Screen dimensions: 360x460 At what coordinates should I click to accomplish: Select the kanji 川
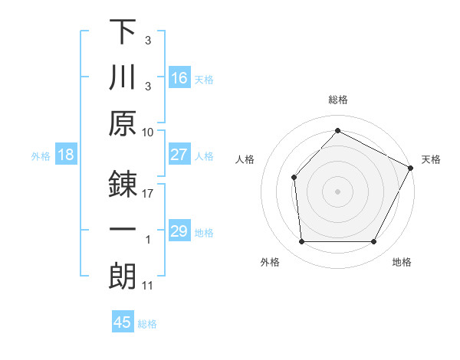tap(123, 78)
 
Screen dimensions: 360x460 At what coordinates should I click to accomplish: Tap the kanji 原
tap(123, 123)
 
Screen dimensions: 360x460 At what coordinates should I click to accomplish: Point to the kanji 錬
tap(123, 185)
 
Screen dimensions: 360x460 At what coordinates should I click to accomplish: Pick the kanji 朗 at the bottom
tap(123, 277)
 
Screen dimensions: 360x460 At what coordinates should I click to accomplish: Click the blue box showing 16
tap(179, 78)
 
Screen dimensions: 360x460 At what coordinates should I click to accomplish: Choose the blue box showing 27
tap(179, 155)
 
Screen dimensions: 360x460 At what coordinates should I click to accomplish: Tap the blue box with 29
tap(179, 231)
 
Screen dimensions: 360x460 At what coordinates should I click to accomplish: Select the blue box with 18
tap(66, 155)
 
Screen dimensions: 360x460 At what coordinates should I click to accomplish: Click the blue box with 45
tap(123, 322)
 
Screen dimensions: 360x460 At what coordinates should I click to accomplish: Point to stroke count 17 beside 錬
tap(148, 194)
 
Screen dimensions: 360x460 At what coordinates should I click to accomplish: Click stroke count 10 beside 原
tap(148, 132)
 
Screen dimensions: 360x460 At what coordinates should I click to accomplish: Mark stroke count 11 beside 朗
tap(148, 286)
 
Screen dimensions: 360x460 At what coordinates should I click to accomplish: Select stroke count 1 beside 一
tap(148, 240)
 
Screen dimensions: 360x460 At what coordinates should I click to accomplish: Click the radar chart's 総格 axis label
tap(337, 100)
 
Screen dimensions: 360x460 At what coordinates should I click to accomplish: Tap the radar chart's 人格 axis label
tap(245, 159)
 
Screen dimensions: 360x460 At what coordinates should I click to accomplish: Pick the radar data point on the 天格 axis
tap(410, 168)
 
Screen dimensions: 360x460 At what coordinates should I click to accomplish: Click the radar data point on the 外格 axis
tap(301, 242)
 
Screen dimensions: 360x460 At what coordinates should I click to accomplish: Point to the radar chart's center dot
tap(337, 191)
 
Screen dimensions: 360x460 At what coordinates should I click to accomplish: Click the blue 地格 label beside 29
tap(204, 232)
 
